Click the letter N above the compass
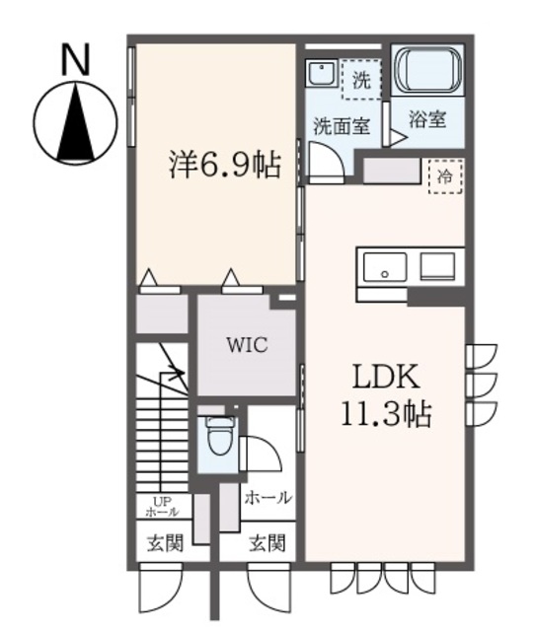[72, 62]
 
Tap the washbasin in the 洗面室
[319, 72]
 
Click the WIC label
[246, 346]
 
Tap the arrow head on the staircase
[177, 374]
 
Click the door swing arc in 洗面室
[326, 158]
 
